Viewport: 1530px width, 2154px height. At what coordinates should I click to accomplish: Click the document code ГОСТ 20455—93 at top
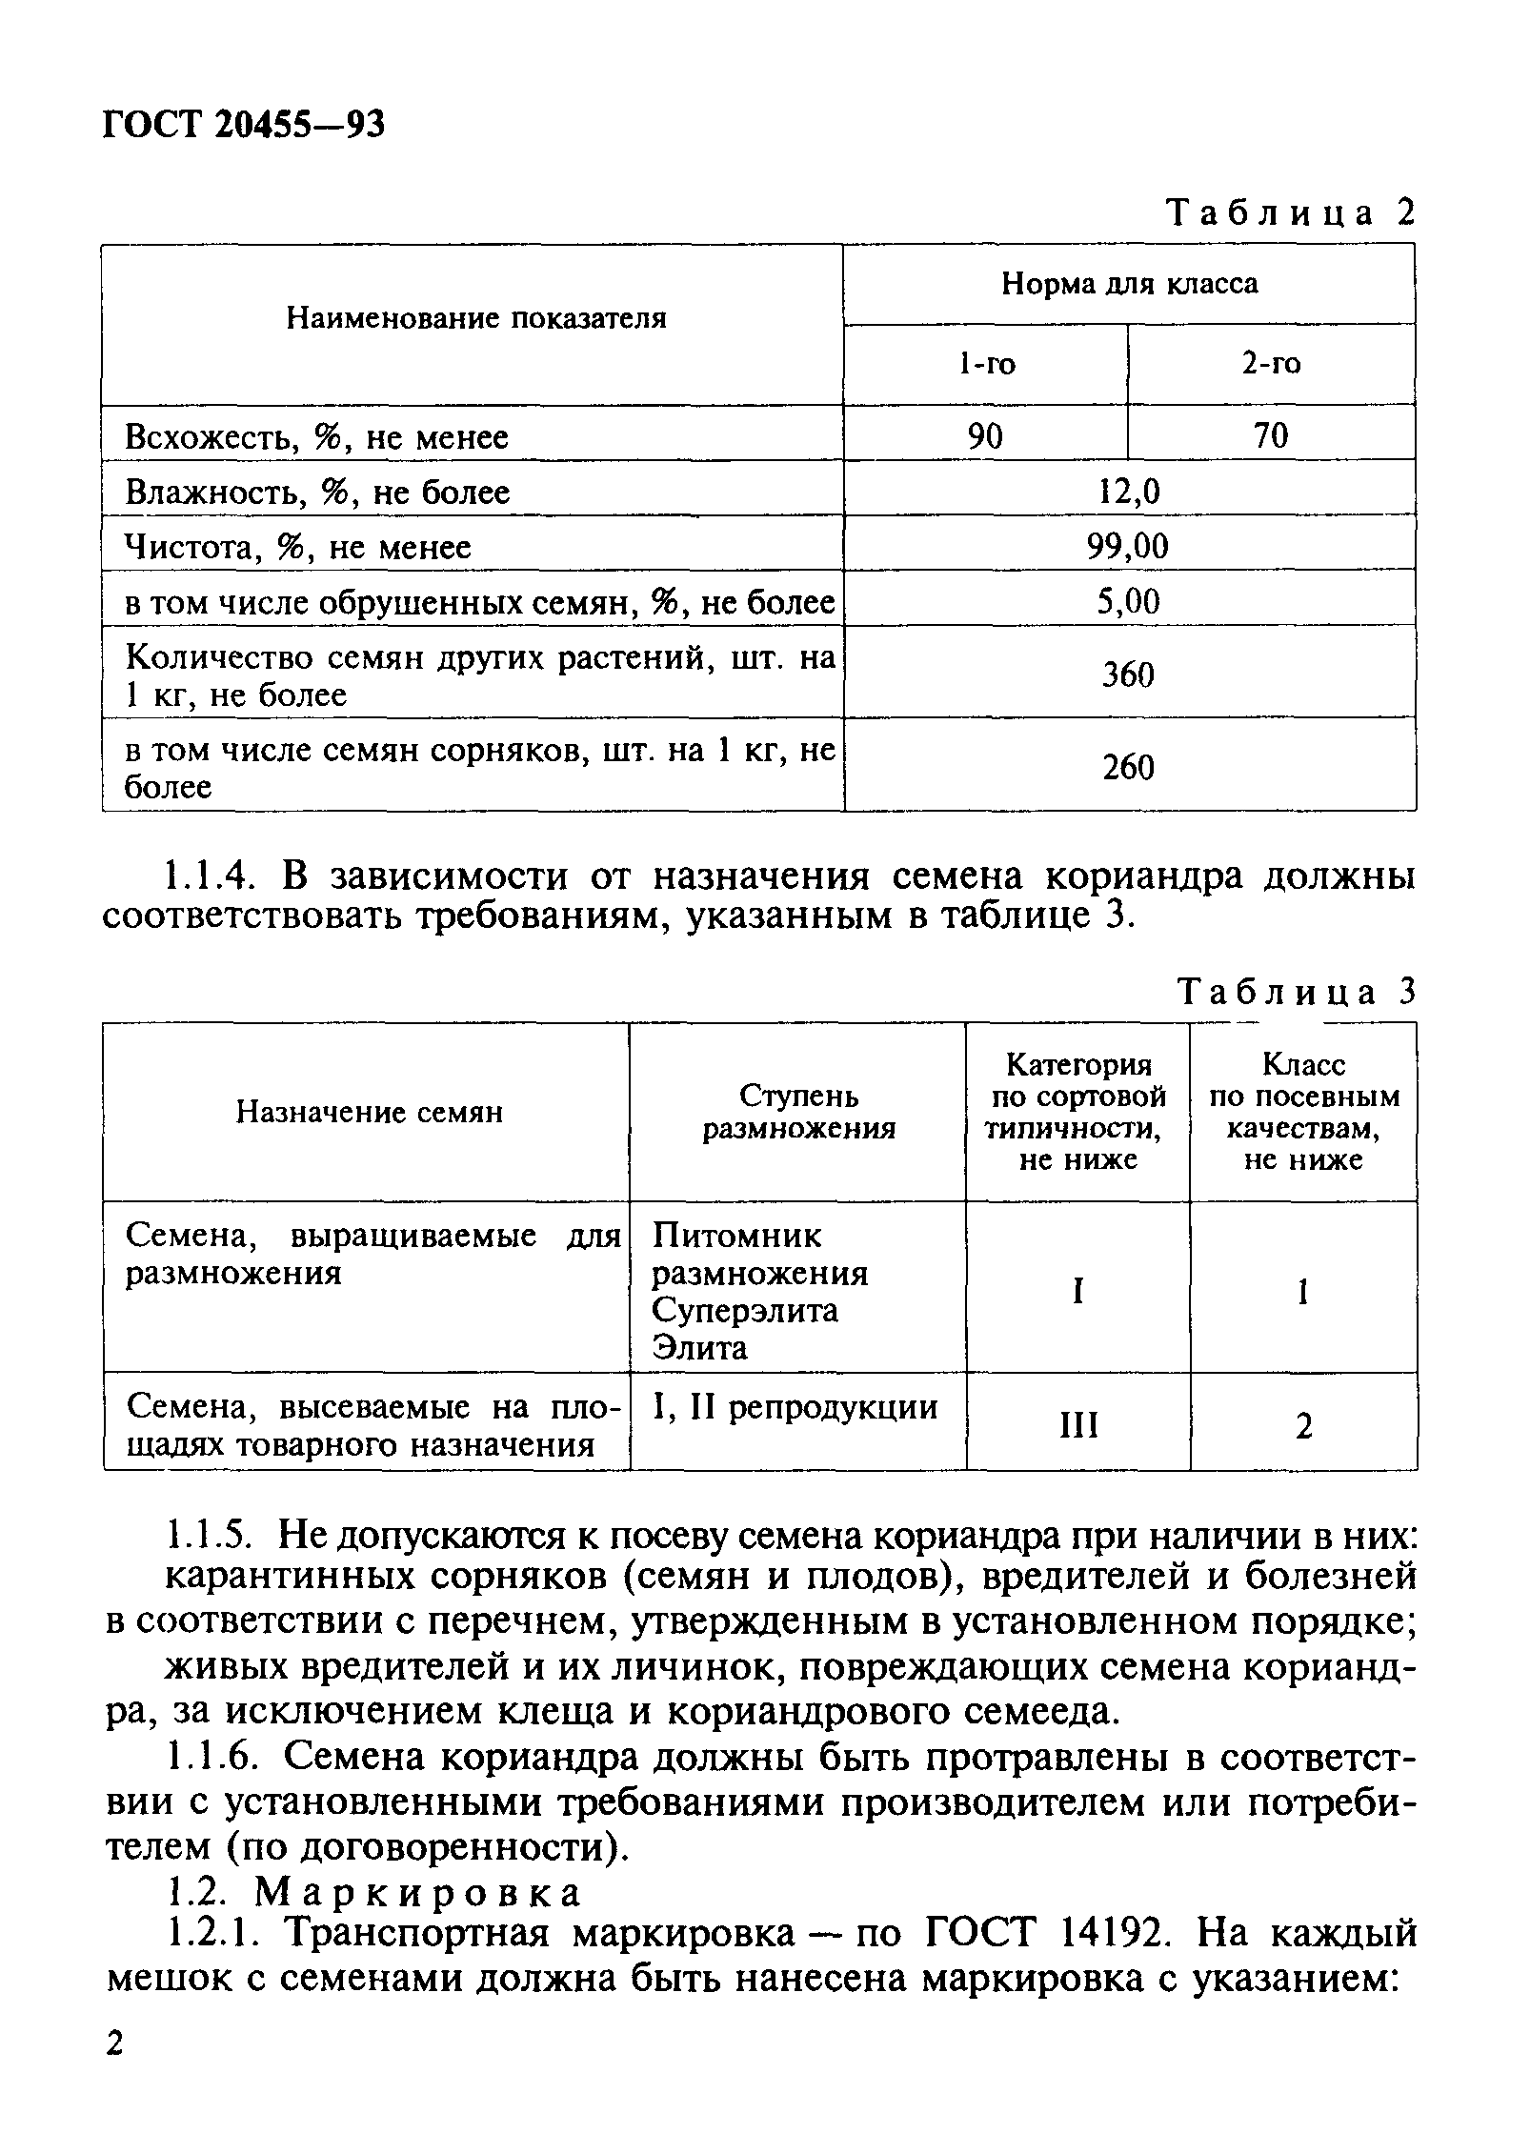[243, 125]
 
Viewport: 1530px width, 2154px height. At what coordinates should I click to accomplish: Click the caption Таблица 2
[1291, 212]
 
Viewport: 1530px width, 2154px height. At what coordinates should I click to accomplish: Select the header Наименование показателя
[476, 318]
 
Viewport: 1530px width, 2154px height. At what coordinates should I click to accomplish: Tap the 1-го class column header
[986, 363]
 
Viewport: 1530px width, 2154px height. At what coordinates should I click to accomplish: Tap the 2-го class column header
[1271, 363]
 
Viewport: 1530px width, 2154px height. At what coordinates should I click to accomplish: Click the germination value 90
[985, 436]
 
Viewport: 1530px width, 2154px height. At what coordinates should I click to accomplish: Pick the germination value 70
[1271, 436]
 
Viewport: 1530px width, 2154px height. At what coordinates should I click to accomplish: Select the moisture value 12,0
[1129, 492]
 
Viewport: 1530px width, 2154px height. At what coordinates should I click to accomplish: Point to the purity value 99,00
[1129, 547]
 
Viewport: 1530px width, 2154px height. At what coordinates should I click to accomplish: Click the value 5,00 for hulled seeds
[1129, 602]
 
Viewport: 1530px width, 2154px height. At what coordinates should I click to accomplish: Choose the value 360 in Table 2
[1129, 675]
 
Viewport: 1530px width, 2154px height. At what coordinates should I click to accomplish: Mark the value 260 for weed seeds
[1129, 768]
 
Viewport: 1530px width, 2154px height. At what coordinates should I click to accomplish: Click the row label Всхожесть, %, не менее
[317, 437]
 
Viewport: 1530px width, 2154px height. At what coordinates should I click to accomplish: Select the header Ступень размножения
[798, 1112]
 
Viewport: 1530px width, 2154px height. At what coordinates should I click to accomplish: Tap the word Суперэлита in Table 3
[746, 1310]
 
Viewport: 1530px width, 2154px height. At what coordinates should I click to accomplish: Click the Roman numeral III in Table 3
[1078, 1426]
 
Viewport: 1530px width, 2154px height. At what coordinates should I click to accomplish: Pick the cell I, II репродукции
[795, 1407]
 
